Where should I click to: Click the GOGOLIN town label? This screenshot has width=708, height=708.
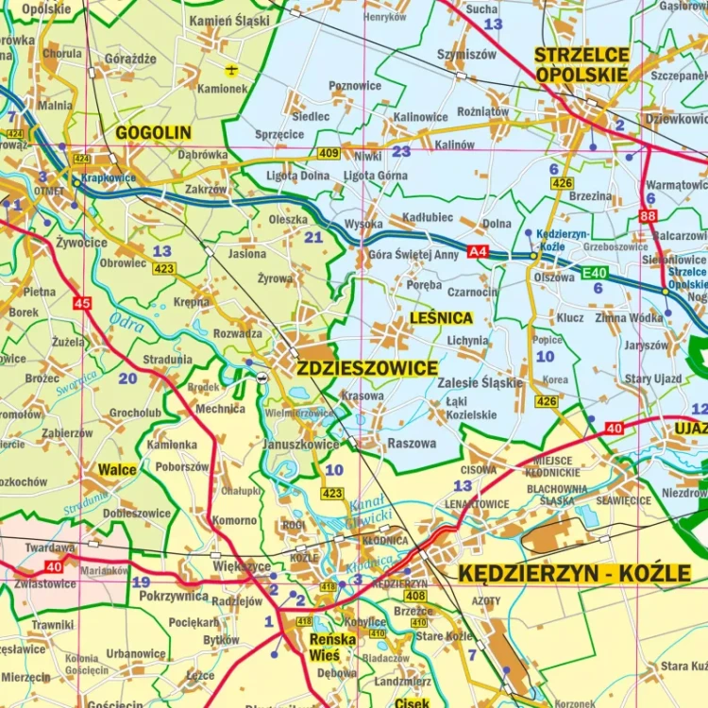pos(153,133)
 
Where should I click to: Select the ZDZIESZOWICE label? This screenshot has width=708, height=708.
pos(367,368)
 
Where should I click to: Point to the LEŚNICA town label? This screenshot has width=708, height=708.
pos(441,318)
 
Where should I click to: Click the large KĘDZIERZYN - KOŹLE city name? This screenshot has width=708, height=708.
pos(575,573)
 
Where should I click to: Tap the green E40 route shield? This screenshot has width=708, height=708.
pos(594,273)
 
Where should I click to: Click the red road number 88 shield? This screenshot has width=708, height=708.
pos(648,216)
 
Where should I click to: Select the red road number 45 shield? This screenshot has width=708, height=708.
pos(82,303)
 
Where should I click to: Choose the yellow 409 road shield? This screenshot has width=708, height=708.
pos(329,153)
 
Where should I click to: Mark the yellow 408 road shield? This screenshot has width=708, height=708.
pos(415,596)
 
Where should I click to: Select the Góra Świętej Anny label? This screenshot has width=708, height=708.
pos(413,254)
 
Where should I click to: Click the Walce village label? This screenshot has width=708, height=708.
pos(117,469)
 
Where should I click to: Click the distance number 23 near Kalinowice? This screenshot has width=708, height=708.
pos(402,151)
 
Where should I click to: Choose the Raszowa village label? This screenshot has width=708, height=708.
pos(412,443)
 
